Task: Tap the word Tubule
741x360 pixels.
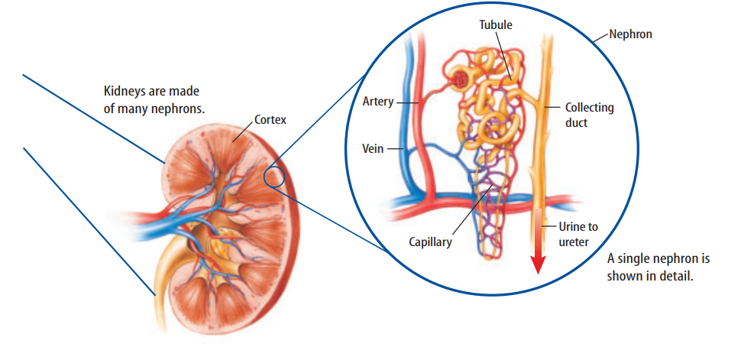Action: point(496,24)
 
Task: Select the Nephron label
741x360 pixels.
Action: point(631,34)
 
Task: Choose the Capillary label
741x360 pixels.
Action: point(429,242)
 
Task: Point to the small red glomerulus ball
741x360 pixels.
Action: point(461,78)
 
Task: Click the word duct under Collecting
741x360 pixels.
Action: point(577,122)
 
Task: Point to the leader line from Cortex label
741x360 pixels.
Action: point(244,132)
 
